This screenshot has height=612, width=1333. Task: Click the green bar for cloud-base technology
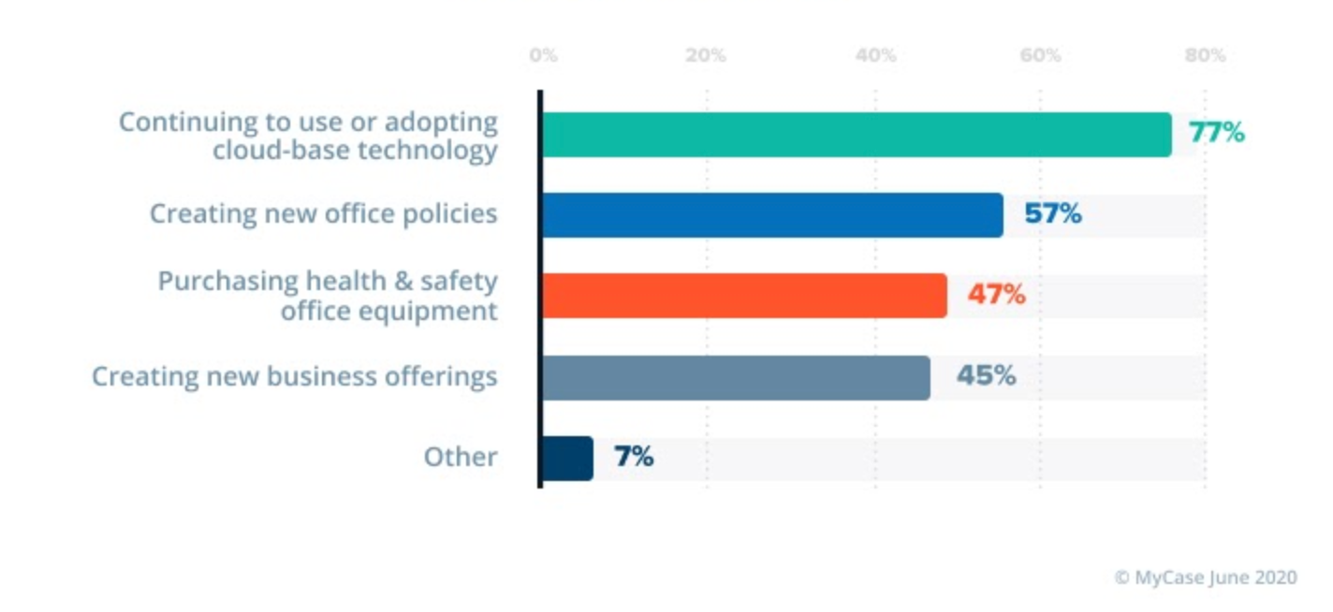[x=856, y=135]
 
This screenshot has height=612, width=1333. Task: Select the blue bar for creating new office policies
[x=772, y=215]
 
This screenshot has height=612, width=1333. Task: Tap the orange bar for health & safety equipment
[x=744, y=296]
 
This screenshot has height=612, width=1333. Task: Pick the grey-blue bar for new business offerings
[x=736, y=377]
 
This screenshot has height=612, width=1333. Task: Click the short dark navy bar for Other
[x=567, y=459]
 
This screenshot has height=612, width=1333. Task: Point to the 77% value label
[x=1217, y=133]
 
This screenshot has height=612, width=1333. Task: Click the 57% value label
[x=1053, y=214]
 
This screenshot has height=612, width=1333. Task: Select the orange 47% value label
[x=997, y=296]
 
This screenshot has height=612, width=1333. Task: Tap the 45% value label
[x=986, y=376]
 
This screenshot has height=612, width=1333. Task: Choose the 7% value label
[x=634, y=458]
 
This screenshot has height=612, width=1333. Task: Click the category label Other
[x=461, y=457]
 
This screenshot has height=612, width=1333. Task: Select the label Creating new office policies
[x=324, y=213]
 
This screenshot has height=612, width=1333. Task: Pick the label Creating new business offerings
[x=295, y=376]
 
